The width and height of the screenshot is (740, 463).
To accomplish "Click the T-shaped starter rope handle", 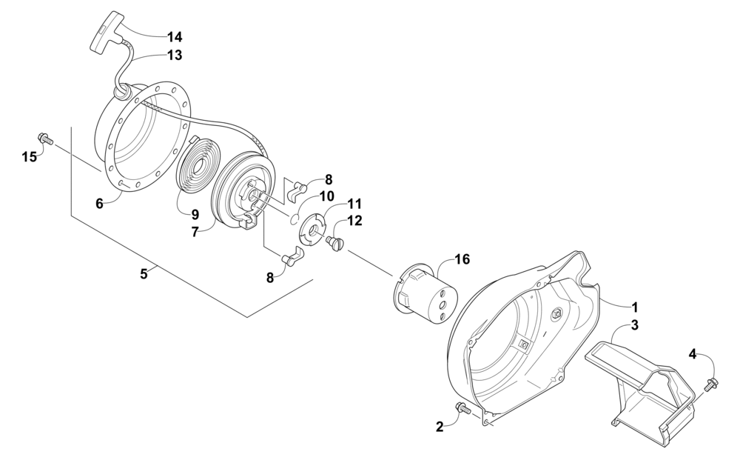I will pyautogui.click(x=107, y=33).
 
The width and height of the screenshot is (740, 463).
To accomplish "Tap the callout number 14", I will pyautogui.click(x=175, y=36).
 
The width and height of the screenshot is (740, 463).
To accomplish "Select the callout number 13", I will pyautogui.click(x=175, y=55).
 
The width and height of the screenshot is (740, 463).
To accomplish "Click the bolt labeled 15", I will pyautogui.click(x=45, y=138).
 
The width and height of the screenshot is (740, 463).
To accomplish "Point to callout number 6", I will pyautogui.click(x=99, y=203).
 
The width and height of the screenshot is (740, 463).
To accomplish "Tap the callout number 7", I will pyautogui.click(x=194, y=231).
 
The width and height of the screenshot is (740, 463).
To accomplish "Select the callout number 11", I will pyautogui.click(x=354, y=203).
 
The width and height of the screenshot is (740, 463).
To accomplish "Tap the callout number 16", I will pyautogui.click(x=462, y=259).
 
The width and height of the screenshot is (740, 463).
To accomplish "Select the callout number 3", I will pyautogui.click(x=634, y=324).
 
